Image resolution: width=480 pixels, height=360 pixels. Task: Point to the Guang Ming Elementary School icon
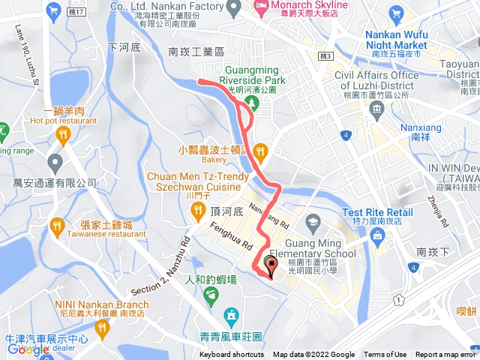pyautogui.click(x=313, y=220)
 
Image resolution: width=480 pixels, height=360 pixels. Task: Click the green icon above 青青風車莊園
pyautogui.click(x=231, y=313)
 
